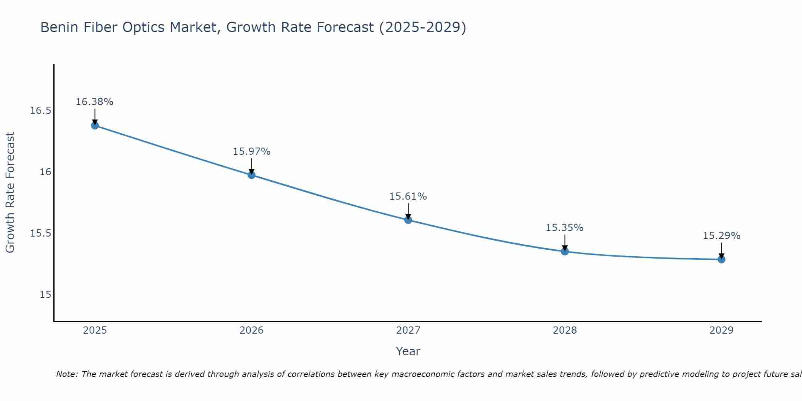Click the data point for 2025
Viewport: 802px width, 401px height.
click(x=95, y=126)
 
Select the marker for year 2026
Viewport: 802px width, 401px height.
click(x=251, y=175)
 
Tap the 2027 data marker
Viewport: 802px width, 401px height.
click(x=408, y=220)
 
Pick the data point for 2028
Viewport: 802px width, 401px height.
click(x=565, y=251)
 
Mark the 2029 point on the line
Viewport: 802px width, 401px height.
click(x=721, y=259)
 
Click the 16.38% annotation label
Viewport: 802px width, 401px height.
click(x=95, y=102)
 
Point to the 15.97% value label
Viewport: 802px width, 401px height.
click(x=251, y=152)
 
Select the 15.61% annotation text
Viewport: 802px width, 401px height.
click(x=408, y=196)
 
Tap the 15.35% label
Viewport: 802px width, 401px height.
click(x=565, y=228)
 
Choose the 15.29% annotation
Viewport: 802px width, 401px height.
click(x=721, y=236)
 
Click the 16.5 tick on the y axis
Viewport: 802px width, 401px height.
click(x=41, y=111)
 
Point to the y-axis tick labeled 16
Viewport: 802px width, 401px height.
click(x=45, y=172)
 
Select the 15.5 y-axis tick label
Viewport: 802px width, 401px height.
click(x=41, y=233)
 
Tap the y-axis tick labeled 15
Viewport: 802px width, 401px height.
click(x=45, y=295)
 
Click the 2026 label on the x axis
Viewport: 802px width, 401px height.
click(x=251, y=330)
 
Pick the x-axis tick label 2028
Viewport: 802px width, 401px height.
click(x=565, y=330)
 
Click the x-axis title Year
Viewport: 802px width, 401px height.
click(x=408, y=351)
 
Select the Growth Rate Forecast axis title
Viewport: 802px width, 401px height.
click(x=10, y=192)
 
